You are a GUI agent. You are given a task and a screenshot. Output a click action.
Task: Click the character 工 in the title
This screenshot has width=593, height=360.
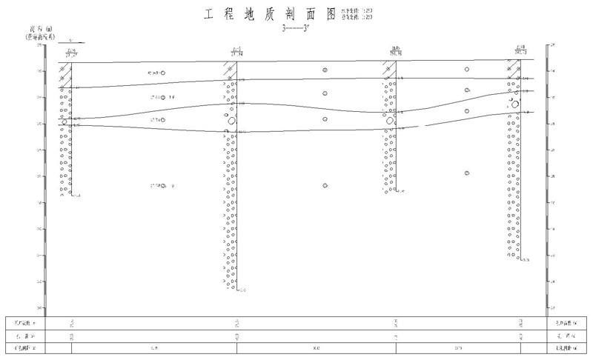pos(207,14)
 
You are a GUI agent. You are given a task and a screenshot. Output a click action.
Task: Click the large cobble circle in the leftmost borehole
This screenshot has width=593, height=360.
pos(65,121)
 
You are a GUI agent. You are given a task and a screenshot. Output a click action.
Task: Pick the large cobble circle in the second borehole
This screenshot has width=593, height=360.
pos(231,119)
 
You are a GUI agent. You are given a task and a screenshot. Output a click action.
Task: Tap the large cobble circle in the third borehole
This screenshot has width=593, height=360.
pos(389,120)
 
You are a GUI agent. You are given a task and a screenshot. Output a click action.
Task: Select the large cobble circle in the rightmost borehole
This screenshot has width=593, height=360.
pos(516,104)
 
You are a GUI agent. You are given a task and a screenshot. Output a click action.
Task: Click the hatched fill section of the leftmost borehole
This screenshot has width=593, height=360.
pos(65,75)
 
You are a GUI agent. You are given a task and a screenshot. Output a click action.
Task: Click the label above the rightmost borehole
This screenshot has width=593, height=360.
pos(521,50)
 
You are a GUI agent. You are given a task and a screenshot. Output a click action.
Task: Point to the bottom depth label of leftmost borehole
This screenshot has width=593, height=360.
pos(77,196)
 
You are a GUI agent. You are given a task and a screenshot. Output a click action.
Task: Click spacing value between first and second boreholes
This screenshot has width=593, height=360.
pos(154,347)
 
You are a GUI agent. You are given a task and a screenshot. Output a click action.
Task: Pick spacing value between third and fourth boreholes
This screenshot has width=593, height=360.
pos(458,347)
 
